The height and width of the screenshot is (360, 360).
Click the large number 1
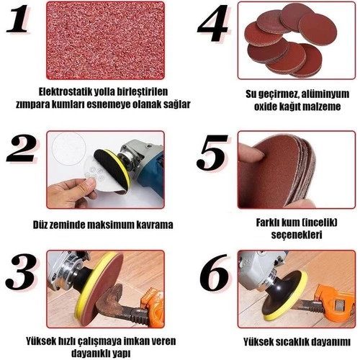19,19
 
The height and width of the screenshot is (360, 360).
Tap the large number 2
22,148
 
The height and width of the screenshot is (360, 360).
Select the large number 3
22,271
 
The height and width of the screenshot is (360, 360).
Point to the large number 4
212,23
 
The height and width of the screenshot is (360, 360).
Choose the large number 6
215,273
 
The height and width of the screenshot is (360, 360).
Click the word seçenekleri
297,235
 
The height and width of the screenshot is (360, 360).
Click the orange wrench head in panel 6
336,300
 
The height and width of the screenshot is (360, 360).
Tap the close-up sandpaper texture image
105,40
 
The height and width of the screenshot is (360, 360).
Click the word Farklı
267,222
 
